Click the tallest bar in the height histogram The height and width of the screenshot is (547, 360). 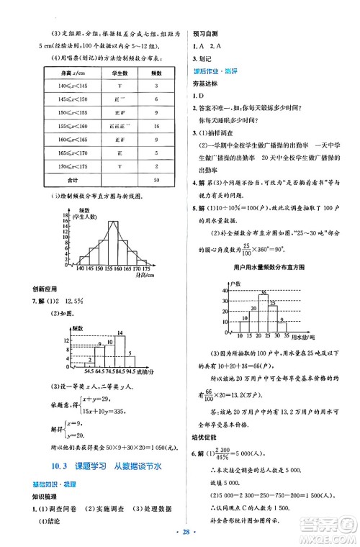(x=112, y=243)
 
